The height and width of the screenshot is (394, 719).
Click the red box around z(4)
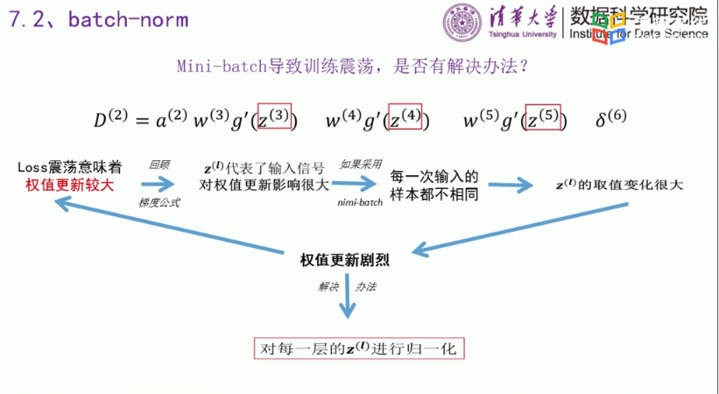click(405, 118)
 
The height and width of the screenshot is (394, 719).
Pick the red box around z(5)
click(543, 118)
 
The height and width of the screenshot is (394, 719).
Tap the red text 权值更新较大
click(69, 184)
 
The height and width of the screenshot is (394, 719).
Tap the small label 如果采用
click(357, 164)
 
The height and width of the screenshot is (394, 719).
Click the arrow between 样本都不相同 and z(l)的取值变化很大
click(512, 185)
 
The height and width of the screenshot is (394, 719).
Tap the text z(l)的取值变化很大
click(618, 185)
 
